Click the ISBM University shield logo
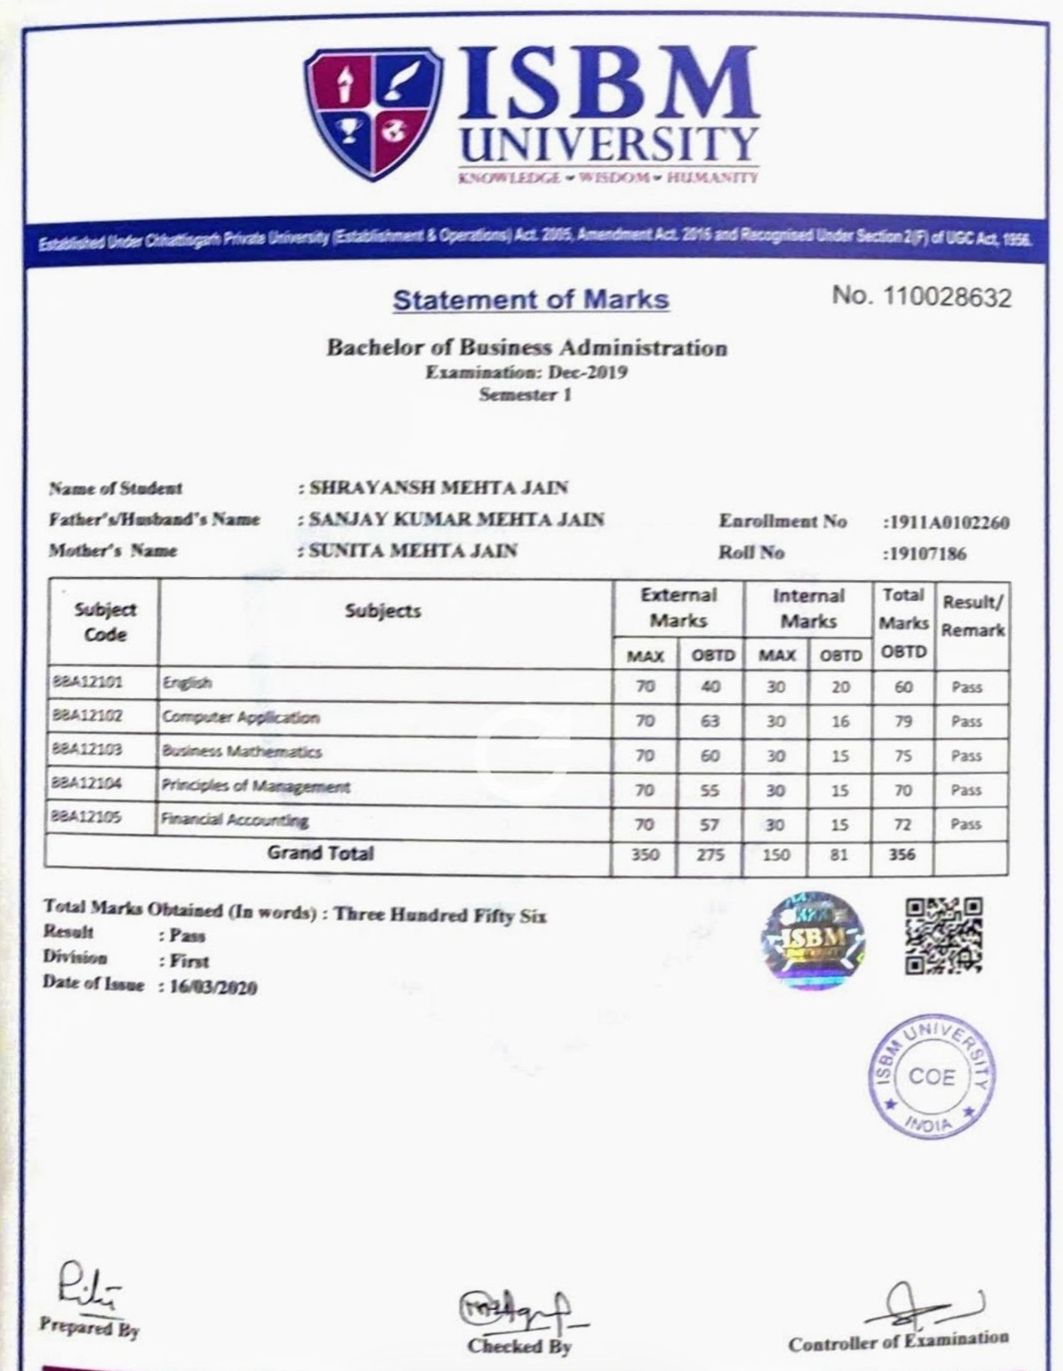(372, 113)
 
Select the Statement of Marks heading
(531, 300)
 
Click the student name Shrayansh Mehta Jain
(439, 488)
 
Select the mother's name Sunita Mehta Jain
(413, 551)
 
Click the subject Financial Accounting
(235, 820)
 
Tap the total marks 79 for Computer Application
(903, 721)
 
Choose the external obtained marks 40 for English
(710, 687)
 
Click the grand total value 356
(902, 854)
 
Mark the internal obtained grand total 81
(839, 854)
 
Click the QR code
(943, 935)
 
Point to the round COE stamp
(932, 1077)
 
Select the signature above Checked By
(519, 1309)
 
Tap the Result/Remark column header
(972, 616)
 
